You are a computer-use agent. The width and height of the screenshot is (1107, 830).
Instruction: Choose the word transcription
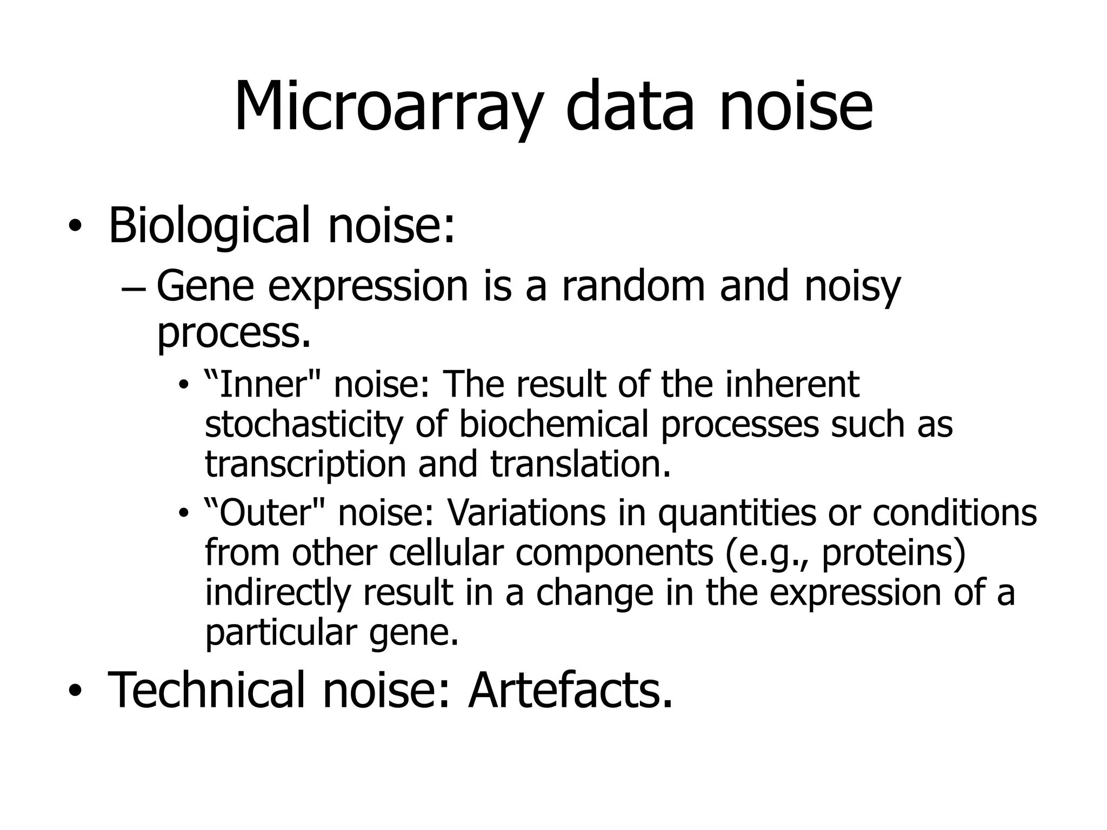point(305,465)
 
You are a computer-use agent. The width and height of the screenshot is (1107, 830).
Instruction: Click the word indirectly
point(278,593)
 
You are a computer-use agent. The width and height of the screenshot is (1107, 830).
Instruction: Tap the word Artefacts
point(570,690)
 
